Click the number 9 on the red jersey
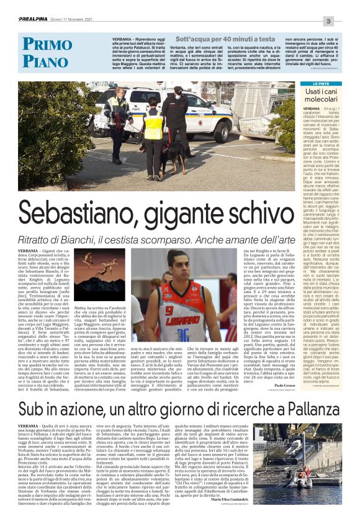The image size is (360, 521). click(169, 310)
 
